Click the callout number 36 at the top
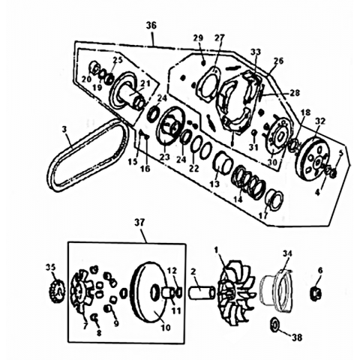(151, 25)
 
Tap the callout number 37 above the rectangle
(139, 223)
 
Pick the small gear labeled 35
(58, 292)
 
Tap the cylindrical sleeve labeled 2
(202, 292)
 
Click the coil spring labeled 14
(249, 181)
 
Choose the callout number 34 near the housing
(287, 253)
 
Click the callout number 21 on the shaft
(145, 83)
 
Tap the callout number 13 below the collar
(214, 184)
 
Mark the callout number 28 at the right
(295, 92)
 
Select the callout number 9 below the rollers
(116, 323)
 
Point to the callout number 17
(263, 215)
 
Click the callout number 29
(198, 38)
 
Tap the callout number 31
(253, 147)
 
